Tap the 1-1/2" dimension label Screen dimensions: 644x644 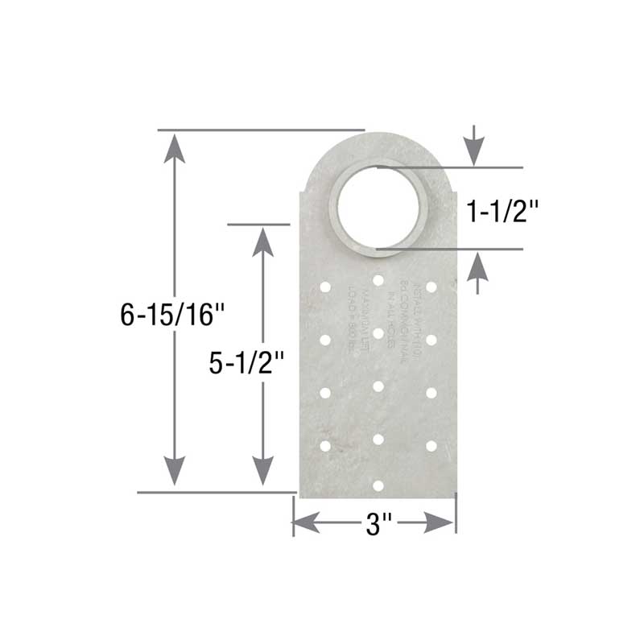(x=503, y=211)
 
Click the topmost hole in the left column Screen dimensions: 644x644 (x=326, y=287)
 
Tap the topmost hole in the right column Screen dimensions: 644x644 (x=431, y=287)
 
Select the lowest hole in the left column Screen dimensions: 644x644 (x=326, y=445)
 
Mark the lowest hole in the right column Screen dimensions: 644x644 (x=431, y=445)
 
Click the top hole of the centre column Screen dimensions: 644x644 (x=378, y=279)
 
